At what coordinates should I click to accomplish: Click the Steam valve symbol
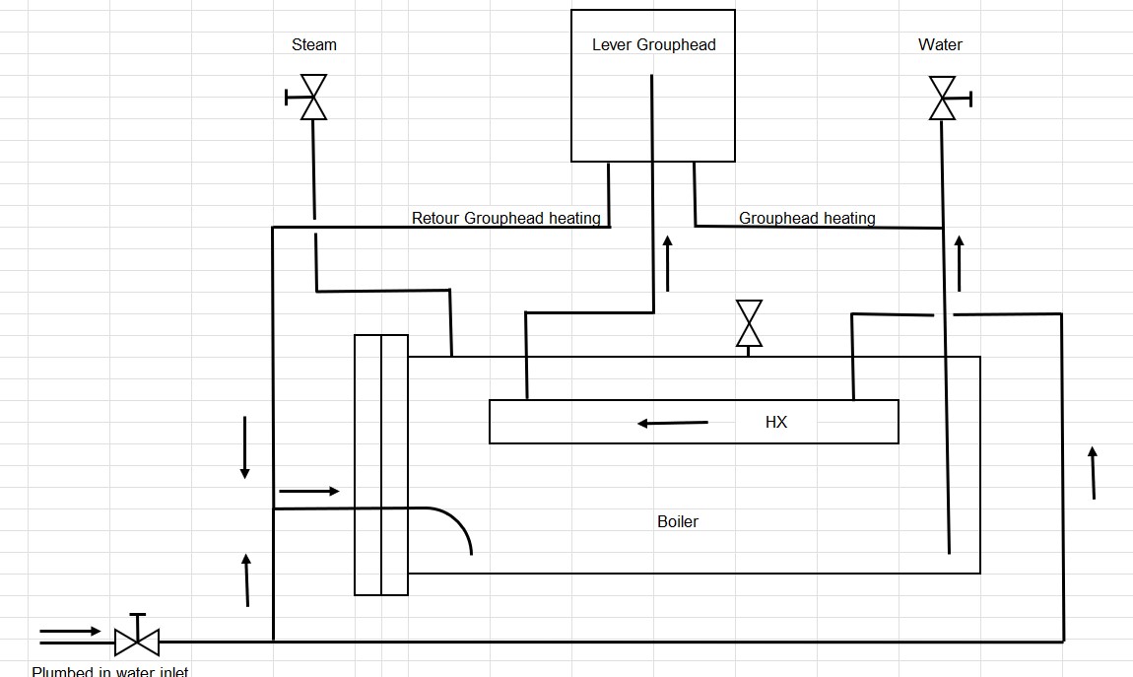point(313,98)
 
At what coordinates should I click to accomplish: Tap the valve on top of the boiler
point(749,323)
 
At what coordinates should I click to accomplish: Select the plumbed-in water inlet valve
point(137,641)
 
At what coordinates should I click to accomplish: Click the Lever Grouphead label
point(653,44)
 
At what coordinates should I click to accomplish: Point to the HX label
point(776,422)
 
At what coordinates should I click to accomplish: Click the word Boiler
point(678,521)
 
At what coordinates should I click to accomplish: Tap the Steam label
point(314,44)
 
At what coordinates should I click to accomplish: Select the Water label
point(940,44)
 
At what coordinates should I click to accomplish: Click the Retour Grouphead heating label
point(505,218)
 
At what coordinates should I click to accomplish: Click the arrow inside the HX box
point(673,423)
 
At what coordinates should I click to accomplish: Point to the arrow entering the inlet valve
point(70,631)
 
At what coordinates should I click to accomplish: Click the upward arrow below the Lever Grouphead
point(668,263)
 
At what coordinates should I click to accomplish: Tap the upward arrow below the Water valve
point(960,263)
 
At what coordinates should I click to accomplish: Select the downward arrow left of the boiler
point(244,447)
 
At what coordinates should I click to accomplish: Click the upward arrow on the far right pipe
point(1093,473)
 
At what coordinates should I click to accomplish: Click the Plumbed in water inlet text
point(109,671)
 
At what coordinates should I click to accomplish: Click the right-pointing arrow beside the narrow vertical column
point(309,490)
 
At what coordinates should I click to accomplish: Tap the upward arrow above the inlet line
point(246,579)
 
